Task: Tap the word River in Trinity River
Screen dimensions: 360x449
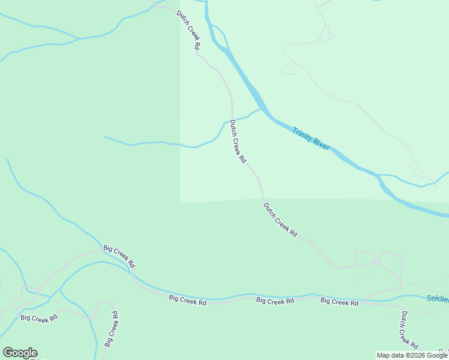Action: (321, 144)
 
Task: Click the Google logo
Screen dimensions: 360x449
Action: (20, 353)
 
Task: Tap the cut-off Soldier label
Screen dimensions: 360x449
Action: (438, 298)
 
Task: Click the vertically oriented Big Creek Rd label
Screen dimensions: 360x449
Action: (111, 328)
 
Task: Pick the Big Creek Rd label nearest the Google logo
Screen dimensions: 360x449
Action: (38, 316)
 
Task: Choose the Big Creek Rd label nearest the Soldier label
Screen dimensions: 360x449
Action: (339, 302)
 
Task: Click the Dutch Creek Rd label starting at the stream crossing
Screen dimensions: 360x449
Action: (238, 142)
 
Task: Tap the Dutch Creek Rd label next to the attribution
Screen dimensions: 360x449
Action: (409, 329)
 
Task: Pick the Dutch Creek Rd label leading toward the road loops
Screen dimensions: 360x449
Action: (280, 219)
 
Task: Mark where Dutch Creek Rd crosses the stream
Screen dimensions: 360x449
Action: (232, 119)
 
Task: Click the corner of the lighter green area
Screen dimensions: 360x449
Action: (181, 203)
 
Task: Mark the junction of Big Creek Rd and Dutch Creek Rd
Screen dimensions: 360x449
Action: (399, 305)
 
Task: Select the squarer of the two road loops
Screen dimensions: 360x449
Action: (364, 257)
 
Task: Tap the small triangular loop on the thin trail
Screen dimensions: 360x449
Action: (327, 35)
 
